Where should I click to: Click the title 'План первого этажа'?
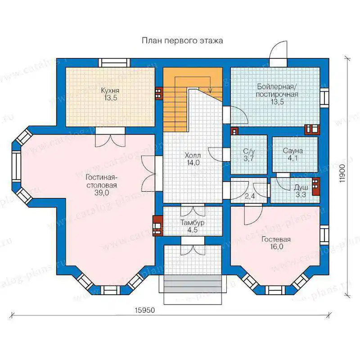182,40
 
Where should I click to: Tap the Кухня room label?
110,90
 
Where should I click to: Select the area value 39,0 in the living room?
102,193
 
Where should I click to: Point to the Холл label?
193,155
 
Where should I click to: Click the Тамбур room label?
193,223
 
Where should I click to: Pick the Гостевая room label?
276,239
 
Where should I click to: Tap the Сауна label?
293,151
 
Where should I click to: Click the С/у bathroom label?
249,151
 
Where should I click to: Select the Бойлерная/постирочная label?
277,90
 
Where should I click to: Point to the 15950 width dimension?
144,310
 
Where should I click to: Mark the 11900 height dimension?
342,173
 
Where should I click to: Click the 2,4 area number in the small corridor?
250,197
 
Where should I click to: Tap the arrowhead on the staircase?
210,90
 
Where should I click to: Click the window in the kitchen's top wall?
114,62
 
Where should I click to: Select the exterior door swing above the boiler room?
278,50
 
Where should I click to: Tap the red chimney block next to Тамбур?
157,226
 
